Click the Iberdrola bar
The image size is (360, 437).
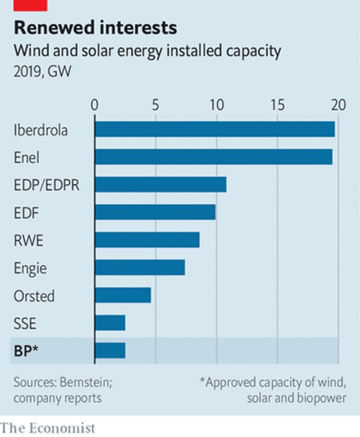[x=214, y=130]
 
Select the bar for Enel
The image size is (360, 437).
[x=213, y=157]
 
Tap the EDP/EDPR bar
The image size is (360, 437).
[x=160, y=184]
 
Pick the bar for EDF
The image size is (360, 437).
[x=155, y=212]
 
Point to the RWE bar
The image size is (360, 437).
[x=147, y=240]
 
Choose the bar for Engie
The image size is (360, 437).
[x=139, y=267]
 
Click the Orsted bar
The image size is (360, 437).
[x=123, y=295]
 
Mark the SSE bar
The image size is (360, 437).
[x=109, y=323]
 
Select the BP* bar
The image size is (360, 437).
[x=109, y=351]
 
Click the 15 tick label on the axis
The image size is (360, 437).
[x=277, y=105]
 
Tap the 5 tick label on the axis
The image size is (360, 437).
[x=156, y=105]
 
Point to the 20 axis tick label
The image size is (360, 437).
[x=338, y=105]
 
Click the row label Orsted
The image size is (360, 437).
[x=34, y=296]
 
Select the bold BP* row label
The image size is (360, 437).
[x=26, y=351]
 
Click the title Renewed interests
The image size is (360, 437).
[x=95, y=28]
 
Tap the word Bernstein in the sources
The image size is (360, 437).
[x=78, y=383]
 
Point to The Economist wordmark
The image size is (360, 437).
[x=48, y=428]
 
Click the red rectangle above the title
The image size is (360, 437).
[x=30, y=5]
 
